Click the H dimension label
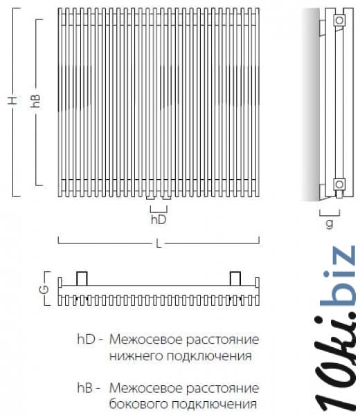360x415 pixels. [12, 101]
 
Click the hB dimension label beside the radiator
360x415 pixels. [35, 101]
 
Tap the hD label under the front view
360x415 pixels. [159, 220]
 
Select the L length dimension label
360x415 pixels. [159, 243]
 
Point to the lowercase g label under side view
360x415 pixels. [330, 223]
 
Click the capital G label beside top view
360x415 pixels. [46, 288]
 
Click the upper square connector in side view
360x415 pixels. [339, 20]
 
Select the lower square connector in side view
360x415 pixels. [339, 184]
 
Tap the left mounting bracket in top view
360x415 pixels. [82, 279]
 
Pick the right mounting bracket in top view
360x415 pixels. [235, 279]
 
